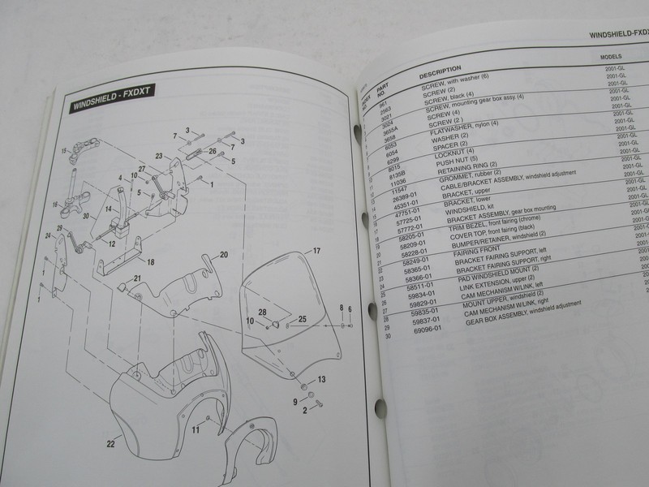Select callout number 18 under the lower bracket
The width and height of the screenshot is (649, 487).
tap(151, 262)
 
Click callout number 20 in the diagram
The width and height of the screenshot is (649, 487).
tap(224, 255)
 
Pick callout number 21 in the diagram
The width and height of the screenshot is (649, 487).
tap(137, 279)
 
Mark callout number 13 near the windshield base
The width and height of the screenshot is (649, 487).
tap(321, 379)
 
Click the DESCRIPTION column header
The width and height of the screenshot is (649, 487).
tap(441, 71)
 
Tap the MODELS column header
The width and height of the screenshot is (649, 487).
tap(610, 58)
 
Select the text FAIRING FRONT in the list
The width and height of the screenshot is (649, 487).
tap(460, 255)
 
